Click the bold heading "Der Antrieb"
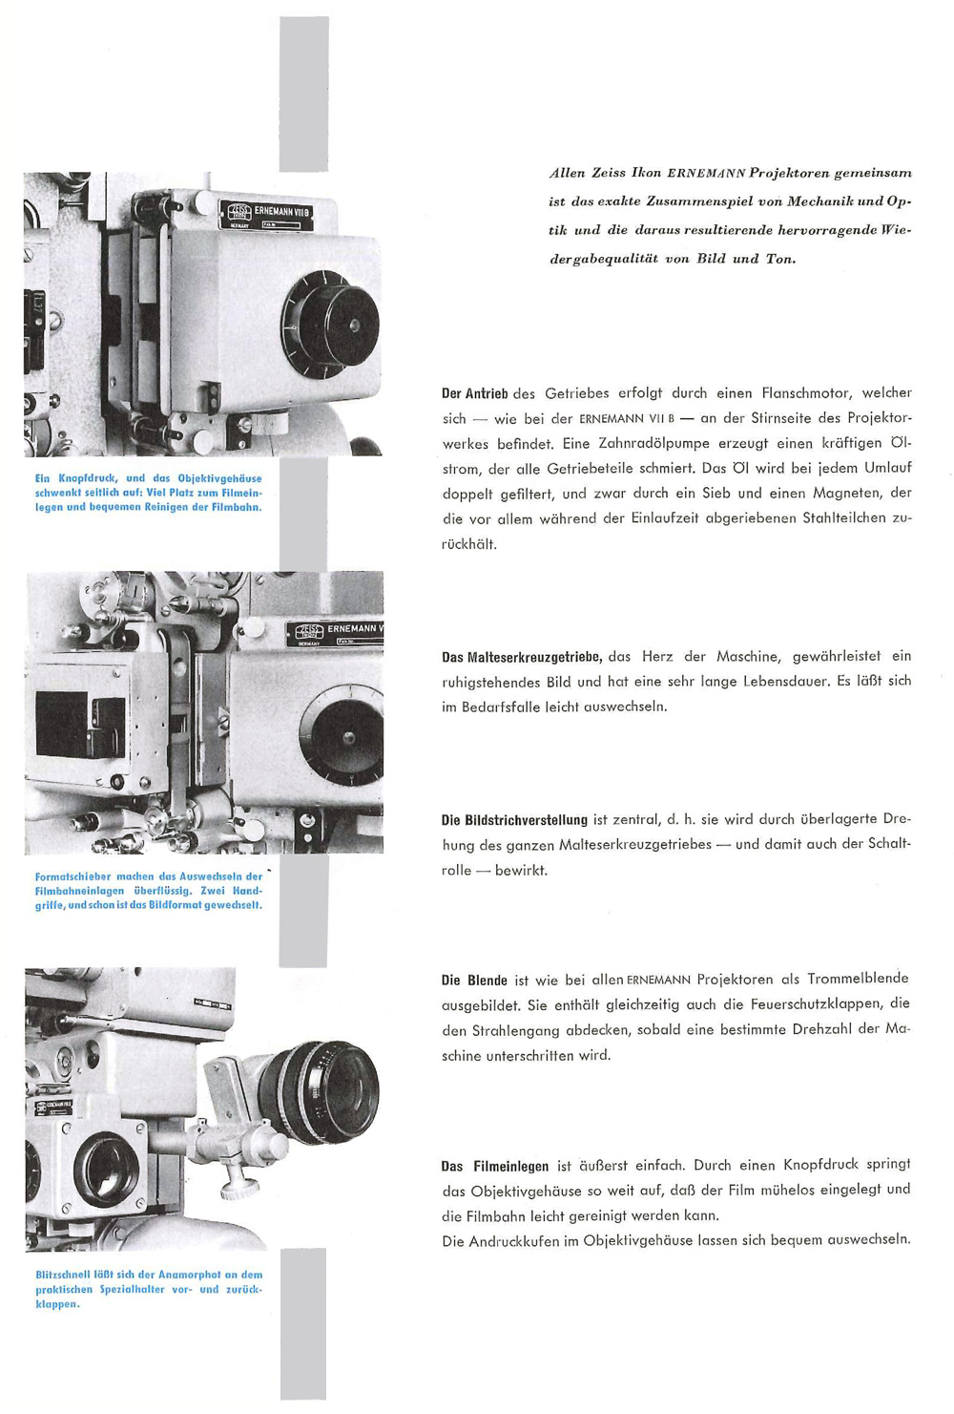click(474, 393)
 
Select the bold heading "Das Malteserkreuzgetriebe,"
click(521, 657)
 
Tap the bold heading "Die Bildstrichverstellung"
click(514, 820)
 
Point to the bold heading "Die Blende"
click(474, 981)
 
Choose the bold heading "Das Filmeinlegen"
click(495, 1166)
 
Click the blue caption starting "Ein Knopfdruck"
click(148, 493)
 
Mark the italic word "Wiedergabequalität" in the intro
click(606, 259)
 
